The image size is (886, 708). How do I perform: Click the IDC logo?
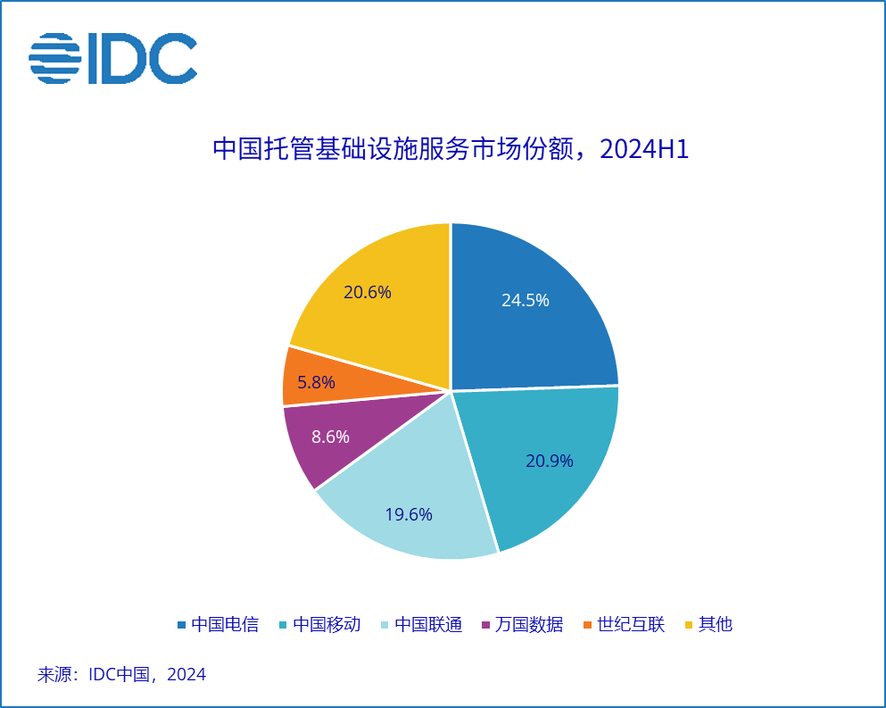click(x=112, y=58)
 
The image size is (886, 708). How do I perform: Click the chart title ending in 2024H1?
click(x=451, y=149)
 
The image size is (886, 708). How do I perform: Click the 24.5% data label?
click(x=525, y=301)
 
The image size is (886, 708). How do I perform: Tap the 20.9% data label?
click(x=550, y=462)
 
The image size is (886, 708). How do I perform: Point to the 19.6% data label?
click(x=409, y=514)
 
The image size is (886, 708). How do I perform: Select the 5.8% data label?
click(x=317, y=383)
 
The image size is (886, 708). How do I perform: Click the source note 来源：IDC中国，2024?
click(x=121, y=674)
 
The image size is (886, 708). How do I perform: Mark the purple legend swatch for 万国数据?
click(x=486, y=625)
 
